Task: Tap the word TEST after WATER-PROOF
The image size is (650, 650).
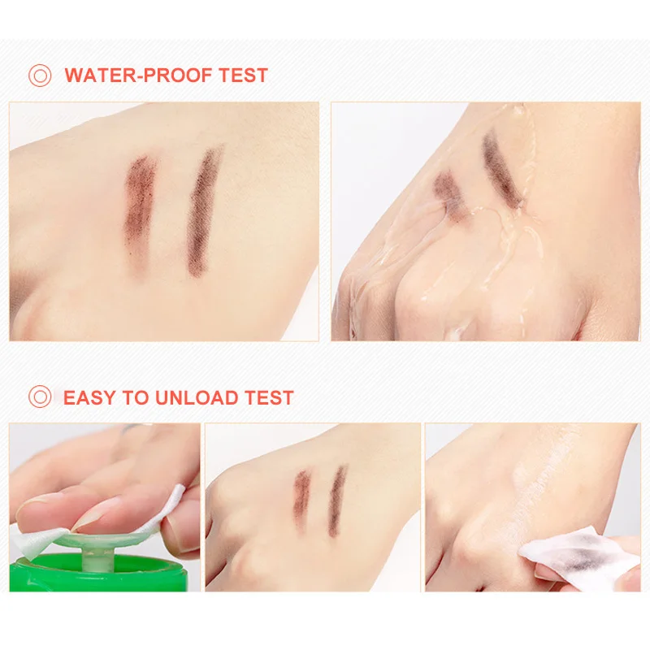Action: click(x=243, y=76)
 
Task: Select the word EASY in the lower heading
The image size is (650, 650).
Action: click(x=89, y=397)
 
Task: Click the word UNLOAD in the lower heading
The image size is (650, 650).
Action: click(x=196, y=397)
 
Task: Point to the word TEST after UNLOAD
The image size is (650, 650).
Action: click(x=269, y=397)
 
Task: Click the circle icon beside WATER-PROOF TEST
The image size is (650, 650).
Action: click(x=40, y=76)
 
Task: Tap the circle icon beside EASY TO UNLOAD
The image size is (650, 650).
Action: click(x=40, y=396)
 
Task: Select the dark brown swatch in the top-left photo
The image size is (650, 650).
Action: click(x=204, y=210)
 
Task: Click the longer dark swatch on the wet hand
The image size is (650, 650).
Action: click(x=502, y=168)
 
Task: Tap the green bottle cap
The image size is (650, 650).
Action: click(x=98, y=573)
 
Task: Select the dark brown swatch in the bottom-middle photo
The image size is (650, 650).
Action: click(x=337, y=500)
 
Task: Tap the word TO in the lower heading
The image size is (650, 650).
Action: click(x=135, y=397)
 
